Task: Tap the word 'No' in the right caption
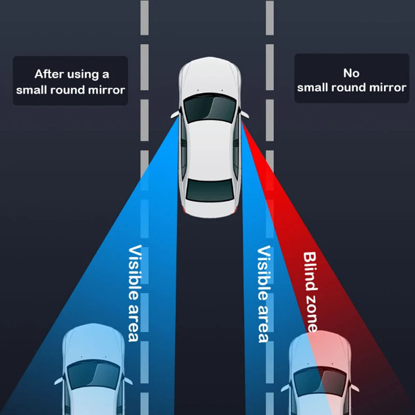click(351, 73)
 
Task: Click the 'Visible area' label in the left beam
click(134, 293)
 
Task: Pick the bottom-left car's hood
click(93, 342)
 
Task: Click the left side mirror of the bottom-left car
click(58, 380)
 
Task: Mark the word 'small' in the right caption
click(313, 87)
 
